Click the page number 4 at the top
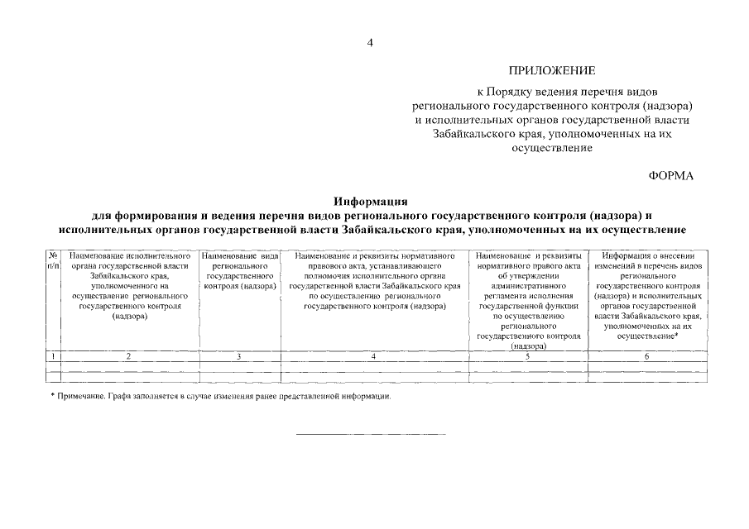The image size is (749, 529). point(371,43)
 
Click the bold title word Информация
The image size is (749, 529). point(372,201)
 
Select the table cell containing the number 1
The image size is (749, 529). point(53,356)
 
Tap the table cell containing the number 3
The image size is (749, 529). point(239,356)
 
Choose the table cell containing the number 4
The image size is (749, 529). point(375,356)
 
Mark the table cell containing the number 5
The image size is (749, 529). point(527,356)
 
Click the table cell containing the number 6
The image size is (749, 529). point(647,356)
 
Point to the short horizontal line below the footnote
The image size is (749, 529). point(371,434)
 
